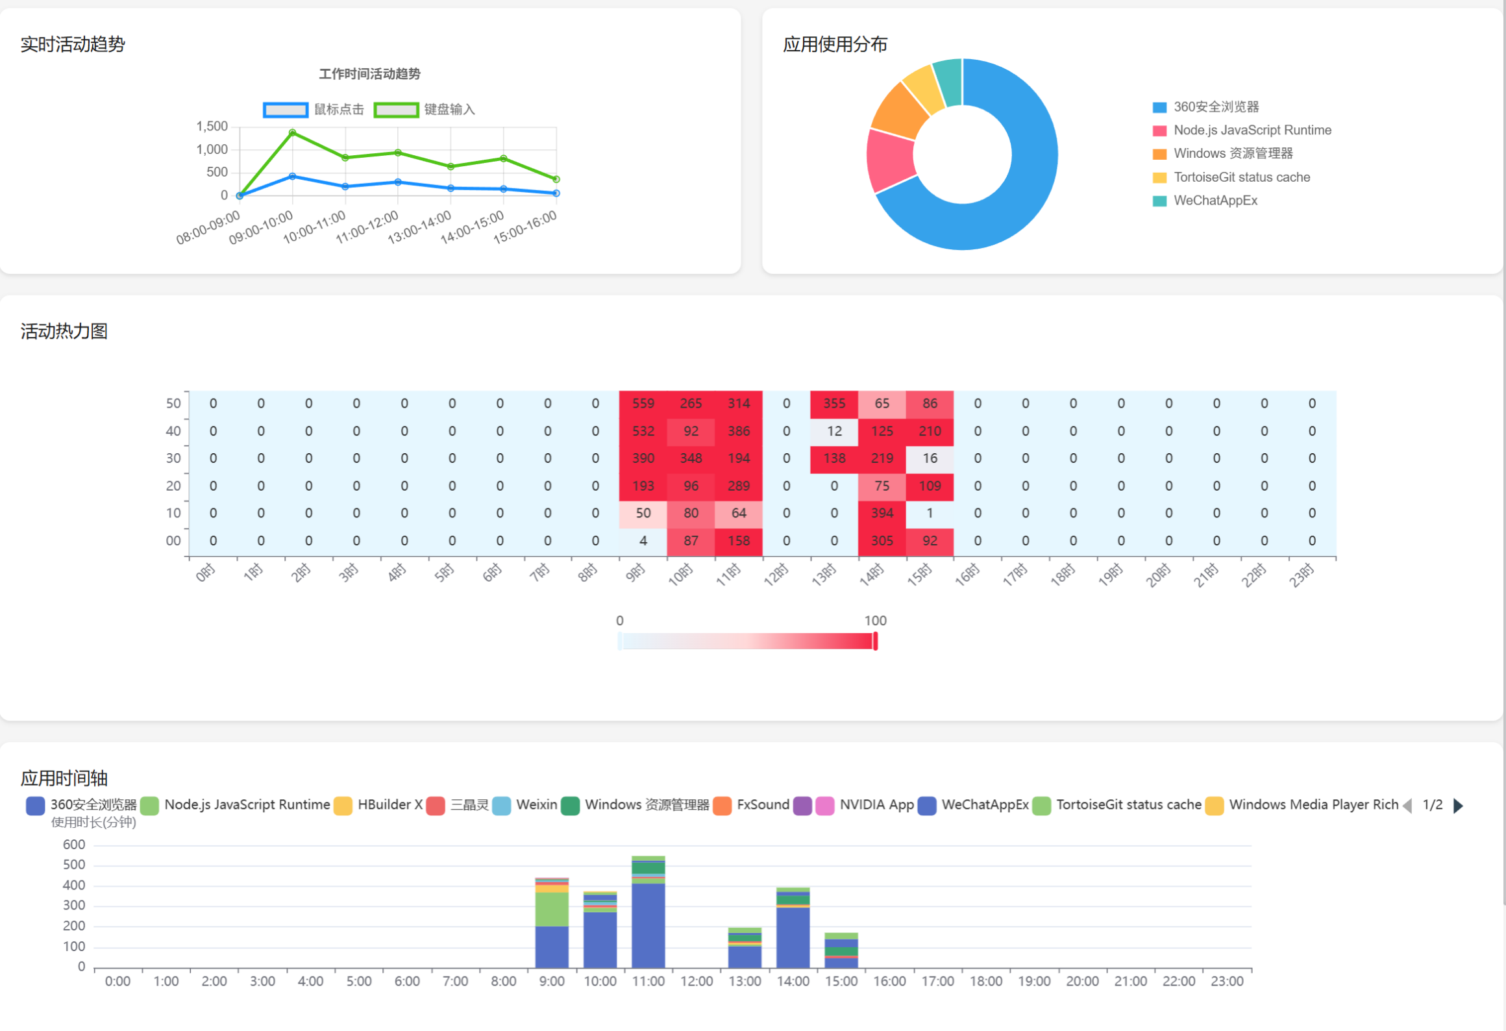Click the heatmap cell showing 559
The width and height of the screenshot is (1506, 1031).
[643, 403]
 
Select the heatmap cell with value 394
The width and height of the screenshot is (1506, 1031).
[882, 513]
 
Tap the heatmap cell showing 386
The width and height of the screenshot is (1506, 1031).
[738, 431]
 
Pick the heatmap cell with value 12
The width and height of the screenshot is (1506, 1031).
[834, 431]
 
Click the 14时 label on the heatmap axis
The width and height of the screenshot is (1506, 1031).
[872, 575]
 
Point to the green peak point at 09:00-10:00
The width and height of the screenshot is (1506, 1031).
[293, 132]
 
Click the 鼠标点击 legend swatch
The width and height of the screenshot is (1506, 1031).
[286, 110]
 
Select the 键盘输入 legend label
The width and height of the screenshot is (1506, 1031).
[449, 110]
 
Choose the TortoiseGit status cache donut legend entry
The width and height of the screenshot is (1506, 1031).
[1241, 177]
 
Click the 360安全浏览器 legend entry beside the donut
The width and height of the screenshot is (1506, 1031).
[1216, 107]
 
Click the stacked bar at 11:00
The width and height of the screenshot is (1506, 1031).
[648, 922]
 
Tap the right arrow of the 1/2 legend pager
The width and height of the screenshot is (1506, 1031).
[1459, 806]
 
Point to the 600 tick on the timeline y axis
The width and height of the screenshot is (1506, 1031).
[74, 845]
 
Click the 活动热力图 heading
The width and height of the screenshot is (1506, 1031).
[64, 331]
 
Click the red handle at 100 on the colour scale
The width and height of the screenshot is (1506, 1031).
[875, 641]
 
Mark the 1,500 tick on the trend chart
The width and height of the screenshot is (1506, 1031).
[212, 127]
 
